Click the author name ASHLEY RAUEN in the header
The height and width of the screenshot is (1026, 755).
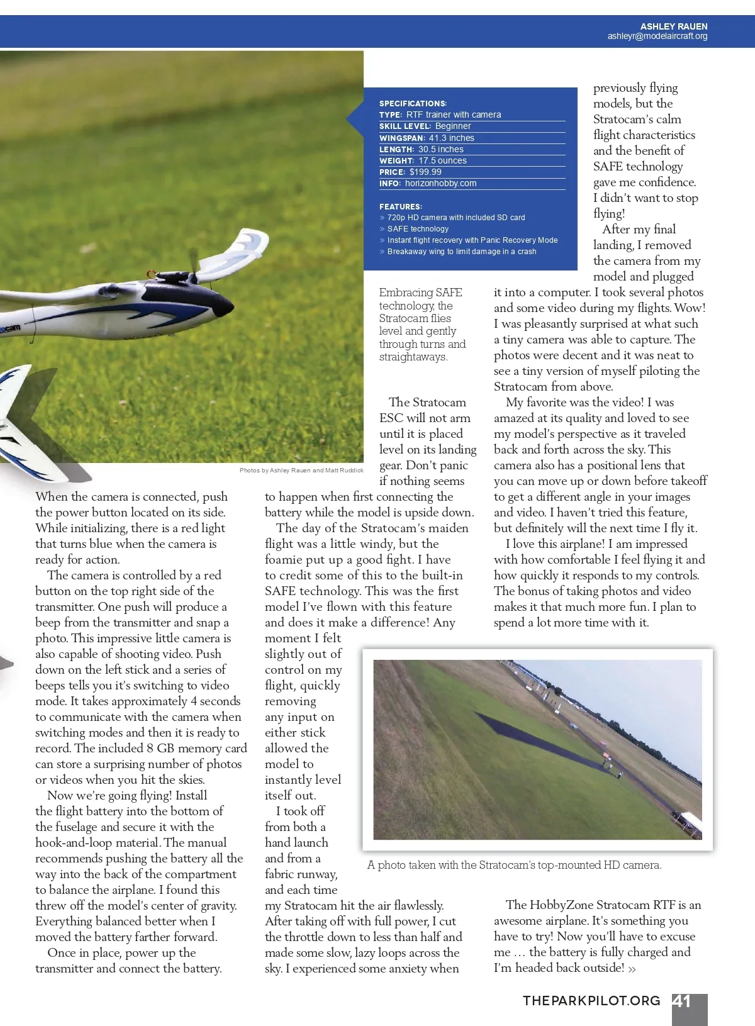click(673, 26)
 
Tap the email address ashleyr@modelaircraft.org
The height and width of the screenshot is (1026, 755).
click(657, 36)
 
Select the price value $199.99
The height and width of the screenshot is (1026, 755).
click(425, 172)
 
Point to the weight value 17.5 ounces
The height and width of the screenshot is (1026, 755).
click(442, 160)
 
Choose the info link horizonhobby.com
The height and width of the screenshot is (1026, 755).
click(440, 183)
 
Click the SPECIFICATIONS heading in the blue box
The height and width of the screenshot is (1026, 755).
click(413, 103)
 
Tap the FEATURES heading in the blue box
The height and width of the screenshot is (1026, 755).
click(401, 206)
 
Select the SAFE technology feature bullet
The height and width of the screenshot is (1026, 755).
click(418, 229)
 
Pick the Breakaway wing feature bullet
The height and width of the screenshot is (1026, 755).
click(461, 252)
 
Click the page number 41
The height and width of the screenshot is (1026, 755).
click(682, 1001)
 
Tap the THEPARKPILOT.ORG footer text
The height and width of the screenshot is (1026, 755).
click(591, 1001)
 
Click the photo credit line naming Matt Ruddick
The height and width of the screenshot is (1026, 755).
click(301, 471)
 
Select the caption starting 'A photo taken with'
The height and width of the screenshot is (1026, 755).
click(514, 865)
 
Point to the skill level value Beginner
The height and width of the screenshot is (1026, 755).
click(453, 126)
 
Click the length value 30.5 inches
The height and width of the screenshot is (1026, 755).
click(440, 149)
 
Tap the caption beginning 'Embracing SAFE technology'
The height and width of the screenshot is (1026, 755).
click(422, 325)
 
